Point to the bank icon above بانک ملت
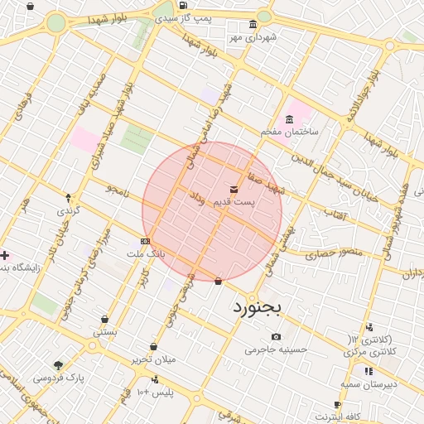145,241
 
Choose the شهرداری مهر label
253,37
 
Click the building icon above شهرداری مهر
253,25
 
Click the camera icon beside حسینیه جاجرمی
276,337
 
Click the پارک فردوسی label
58,377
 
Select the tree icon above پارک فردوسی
58,364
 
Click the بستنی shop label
104,331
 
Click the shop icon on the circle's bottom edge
218,281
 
